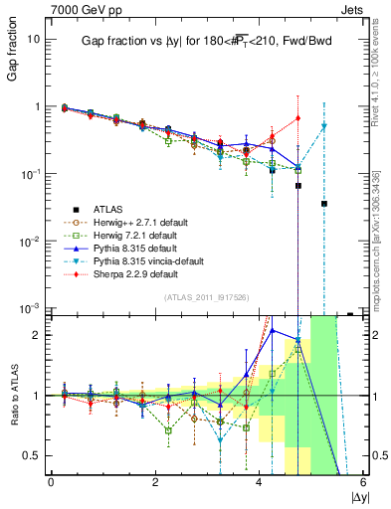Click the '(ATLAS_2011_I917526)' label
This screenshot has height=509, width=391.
[198, 297]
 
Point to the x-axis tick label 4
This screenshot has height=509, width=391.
[260, 482]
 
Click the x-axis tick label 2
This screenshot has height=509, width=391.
[155, 482]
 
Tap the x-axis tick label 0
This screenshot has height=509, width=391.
[51, 482]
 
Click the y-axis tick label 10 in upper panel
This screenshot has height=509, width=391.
[33, 39]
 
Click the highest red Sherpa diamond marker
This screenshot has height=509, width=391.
[297, 118]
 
